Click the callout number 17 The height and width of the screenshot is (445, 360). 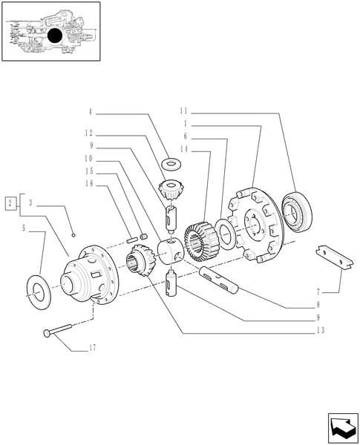[92, 346]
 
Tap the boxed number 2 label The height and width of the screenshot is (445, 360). [10, 202]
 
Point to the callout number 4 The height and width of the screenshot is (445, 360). [90, 112]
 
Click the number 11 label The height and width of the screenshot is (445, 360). [183, 112]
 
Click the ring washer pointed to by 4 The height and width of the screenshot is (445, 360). [173, 162]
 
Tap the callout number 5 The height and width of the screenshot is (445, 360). [26, 228]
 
